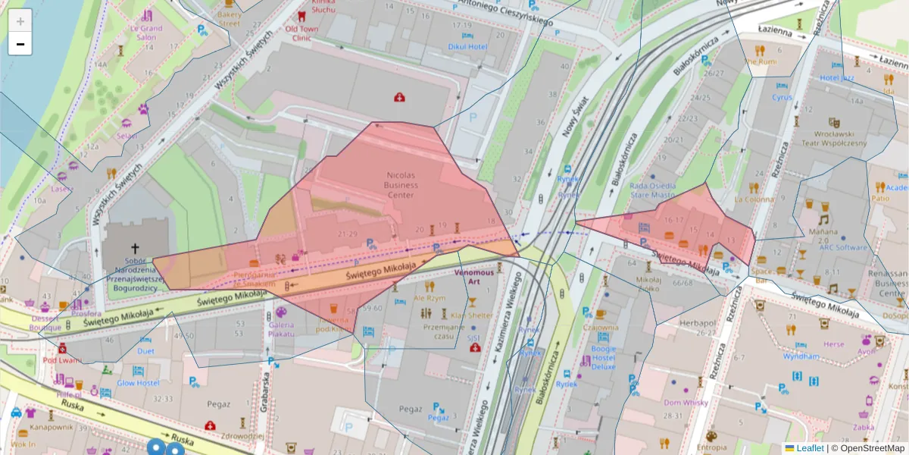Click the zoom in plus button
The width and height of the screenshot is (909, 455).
click(20, 20)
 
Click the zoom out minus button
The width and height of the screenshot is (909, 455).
click(20, 45)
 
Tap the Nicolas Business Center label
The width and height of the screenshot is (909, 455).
click(401, 184)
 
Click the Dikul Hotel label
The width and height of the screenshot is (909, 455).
click(467, 46)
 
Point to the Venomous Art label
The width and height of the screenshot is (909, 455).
click(474, 276)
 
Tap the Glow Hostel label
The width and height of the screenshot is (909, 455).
click(137, 383)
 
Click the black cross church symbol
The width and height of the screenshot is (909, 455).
click(136, 248)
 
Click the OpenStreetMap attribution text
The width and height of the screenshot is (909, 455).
click(872, 448)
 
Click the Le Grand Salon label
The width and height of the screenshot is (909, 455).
click(146, 33)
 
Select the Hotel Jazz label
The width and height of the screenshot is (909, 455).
click(837, 77)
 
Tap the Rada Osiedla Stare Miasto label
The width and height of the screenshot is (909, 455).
click(652, 190)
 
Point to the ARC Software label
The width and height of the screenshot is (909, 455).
click(842, 247)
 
